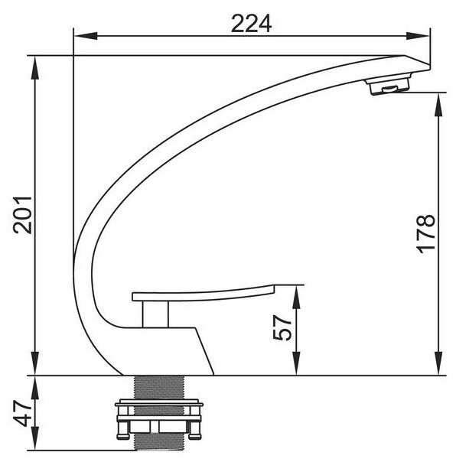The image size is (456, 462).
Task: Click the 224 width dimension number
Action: pos(251,24)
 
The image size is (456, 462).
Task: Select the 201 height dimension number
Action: pos(22,215)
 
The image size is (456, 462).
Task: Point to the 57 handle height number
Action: pos(282,327)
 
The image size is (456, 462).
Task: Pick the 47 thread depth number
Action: pos(22,413)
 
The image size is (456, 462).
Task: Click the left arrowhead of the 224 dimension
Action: pos(86,36)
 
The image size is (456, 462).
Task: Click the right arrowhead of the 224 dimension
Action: pos(418,36)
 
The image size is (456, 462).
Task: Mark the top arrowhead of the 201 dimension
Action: pos(35,67)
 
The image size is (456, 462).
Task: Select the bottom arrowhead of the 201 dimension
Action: pos(35,363)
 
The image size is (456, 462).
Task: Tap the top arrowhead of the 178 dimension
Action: pos(439,105)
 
